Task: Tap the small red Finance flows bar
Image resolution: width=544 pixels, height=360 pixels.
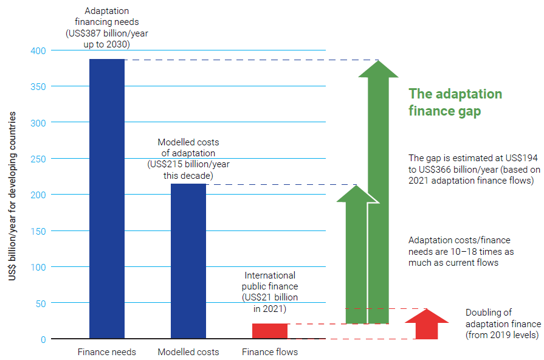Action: [x=270, y=331]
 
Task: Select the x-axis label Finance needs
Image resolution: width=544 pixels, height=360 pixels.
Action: [x=107, y=352]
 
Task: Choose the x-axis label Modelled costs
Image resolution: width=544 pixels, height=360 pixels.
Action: [x=188, y=352]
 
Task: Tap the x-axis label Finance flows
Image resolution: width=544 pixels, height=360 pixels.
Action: [x=270, y=352]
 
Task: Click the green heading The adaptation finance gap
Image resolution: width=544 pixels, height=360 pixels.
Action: [x=455, y=102]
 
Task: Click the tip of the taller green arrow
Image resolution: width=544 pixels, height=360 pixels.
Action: [x=379, y=61]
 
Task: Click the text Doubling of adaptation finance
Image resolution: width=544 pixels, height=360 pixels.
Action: [x=503, y=324]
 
